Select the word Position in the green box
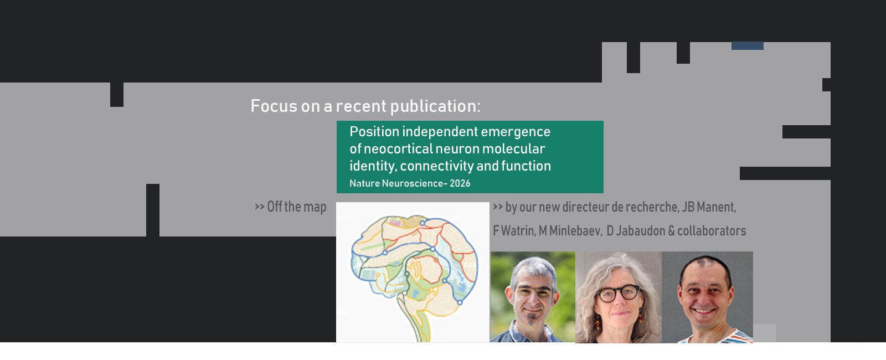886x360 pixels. click(374, 131)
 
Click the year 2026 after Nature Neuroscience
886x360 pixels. click(460, 183)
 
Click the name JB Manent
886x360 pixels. click(708, 207)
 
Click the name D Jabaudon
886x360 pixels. click(636, 230)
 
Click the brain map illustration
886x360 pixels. click(413, 272)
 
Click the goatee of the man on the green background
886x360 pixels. click(531, 318)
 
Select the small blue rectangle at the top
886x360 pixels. click(747, 46)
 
